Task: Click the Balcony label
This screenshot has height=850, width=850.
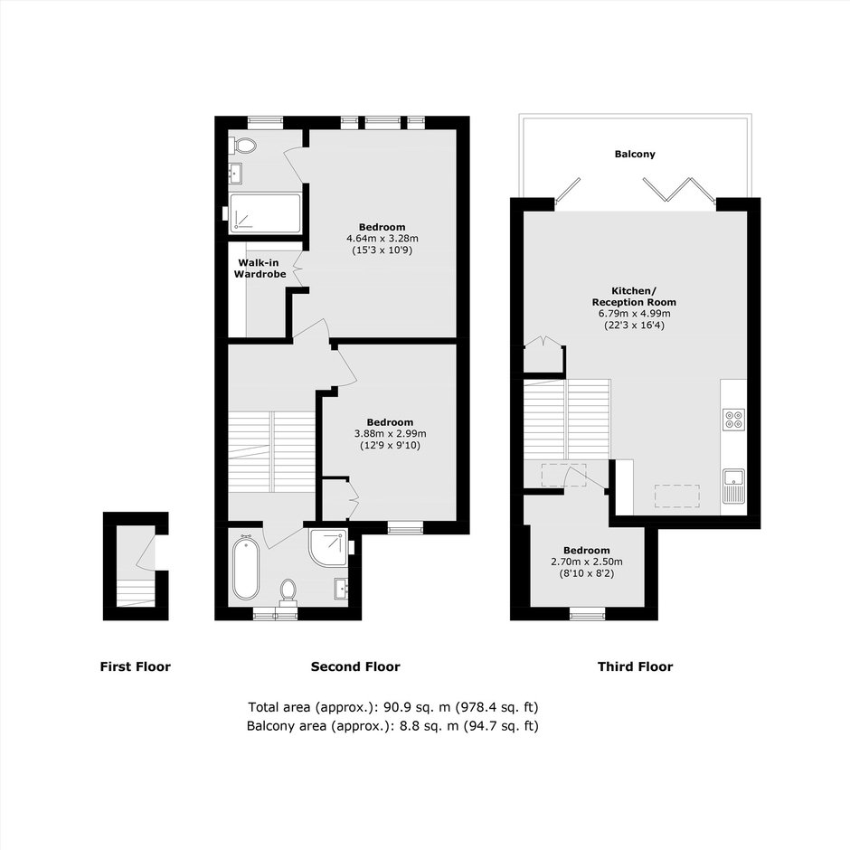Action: [635, 154]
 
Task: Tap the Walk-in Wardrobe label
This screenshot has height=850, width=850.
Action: [260, 269]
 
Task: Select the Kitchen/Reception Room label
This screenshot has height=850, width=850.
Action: [634, 297]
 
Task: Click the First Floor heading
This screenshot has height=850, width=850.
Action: [135, 666]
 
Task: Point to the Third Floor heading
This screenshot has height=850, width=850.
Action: [635, 666]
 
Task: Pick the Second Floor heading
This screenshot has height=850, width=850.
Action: [355, 666]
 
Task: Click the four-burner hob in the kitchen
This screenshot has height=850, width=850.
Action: [733, 420]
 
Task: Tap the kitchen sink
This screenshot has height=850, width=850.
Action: [734, 486]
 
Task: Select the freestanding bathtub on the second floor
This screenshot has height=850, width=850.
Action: [246, 567]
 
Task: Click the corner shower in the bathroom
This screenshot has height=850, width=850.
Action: [328, 548]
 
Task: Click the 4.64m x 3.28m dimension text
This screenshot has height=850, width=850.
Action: [382, 239]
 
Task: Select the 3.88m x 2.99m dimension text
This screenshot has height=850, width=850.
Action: [390, 434]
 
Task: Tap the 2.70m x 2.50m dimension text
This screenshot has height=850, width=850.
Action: [587, 562]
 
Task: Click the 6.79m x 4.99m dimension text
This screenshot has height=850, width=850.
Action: [634, 314]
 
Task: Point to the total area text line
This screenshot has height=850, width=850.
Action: [393, 707]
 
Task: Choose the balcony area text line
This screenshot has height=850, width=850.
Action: [392, 725]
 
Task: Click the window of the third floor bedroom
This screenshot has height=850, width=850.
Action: [587, 613]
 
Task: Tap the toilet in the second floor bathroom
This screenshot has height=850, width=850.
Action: [288, 591]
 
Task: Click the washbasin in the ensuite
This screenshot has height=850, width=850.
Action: [235, 174]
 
